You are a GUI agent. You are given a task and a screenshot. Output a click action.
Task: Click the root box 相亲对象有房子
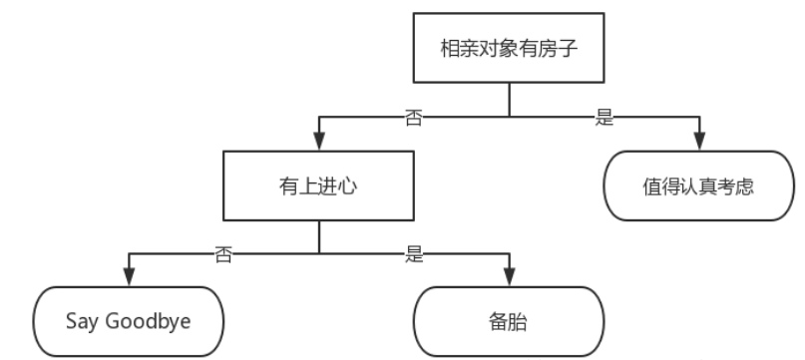pyautogui.click(x=509, y=49)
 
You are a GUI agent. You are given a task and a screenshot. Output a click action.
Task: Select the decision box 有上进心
pyautogui.click(x=317, y=186)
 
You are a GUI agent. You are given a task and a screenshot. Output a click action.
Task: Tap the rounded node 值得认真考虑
pyautogui.click(x=701, y=187)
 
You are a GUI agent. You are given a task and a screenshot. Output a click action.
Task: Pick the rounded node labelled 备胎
pyautogui.click(x=509, y=322)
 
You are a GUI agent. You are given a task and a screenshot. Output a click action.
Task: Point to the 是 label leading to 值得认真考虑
pyautogui.click(x=603, y=117)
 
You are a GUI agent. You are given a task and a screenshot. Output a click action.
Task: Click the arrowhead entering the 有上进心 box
pyautogui.click(x=317, y=145)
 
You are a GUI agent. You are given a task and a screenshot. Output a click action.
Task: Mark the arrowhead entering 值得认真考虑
pyautogui.click(x=701, y=145)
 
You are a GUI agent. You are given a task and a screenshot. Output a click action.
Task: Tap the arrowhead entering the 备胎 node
pyautogui.click(x=509, y=280)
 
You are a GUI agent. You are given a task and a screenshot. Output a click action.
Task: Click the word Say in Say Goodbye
pyautogui.click(x=81, y=323)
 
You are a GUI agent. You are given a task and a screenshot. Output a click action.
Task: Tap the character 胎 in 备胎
pyautogui.click(x=519, y=322)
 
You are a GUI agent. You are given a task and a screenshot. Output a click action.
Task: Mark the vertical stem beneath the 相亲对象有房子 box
pyautogui.click(x=509, y=99)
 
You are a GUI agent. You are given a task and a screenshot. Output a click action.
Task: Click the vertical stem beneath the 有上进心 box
pyautogui.click(x=317, y=236)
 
